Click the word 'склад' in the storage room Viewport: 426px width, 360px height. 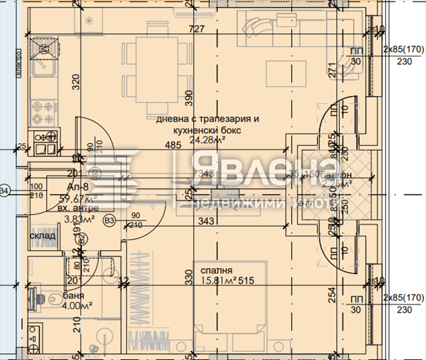point(42,236)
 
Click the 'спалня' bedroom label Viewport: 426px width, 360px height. point(215,272)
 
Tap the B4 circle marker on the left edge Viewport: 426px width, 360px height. point(4,192)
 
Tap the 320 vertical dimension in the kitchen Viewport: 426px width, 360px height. point(76,82)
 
